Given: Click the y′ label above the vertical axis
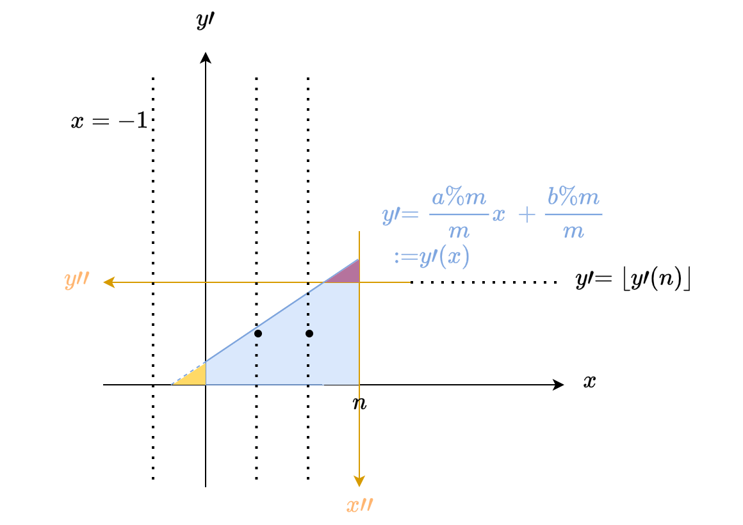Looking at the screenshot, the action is tap(205, 20).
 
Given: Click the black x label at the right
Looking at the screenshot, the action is tap(589, 382).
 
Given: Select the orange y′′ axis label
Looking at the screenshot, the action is tap(77, 280).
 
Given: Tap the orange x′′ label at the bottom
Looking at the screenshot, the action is tap(360, 505).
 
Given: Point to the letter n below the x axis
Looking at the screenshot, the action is tap(360, 403).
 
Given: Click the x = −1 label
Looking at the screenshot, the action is tap(110, 120).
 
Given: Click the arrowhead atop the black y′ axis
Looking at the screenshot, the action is tap(205, 58).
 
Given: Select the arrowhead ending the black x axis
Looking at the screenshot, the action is tap(558, 385).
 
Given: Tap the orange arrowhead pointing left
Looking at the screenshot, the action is tap(109, 282).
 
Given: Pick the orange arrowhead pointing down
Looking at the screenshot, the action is tap(359, 481).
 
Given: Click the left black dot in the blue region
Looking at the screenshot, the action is tap(257, 334).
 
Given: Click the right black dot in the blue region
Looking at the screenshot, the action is tap(309, 334).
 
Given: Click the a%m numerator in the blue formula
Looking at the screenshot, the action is tap(459, 197).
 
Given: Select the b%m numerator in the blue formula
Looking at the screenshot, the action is tap(573, 196).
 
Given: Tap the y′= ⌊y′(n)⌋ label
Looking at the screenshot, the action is tap(633, 280).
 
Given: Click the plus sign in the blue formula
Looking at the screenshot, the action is tap(527, 214).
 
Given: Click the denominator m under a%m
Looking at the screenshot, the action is tap(459, 232).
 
